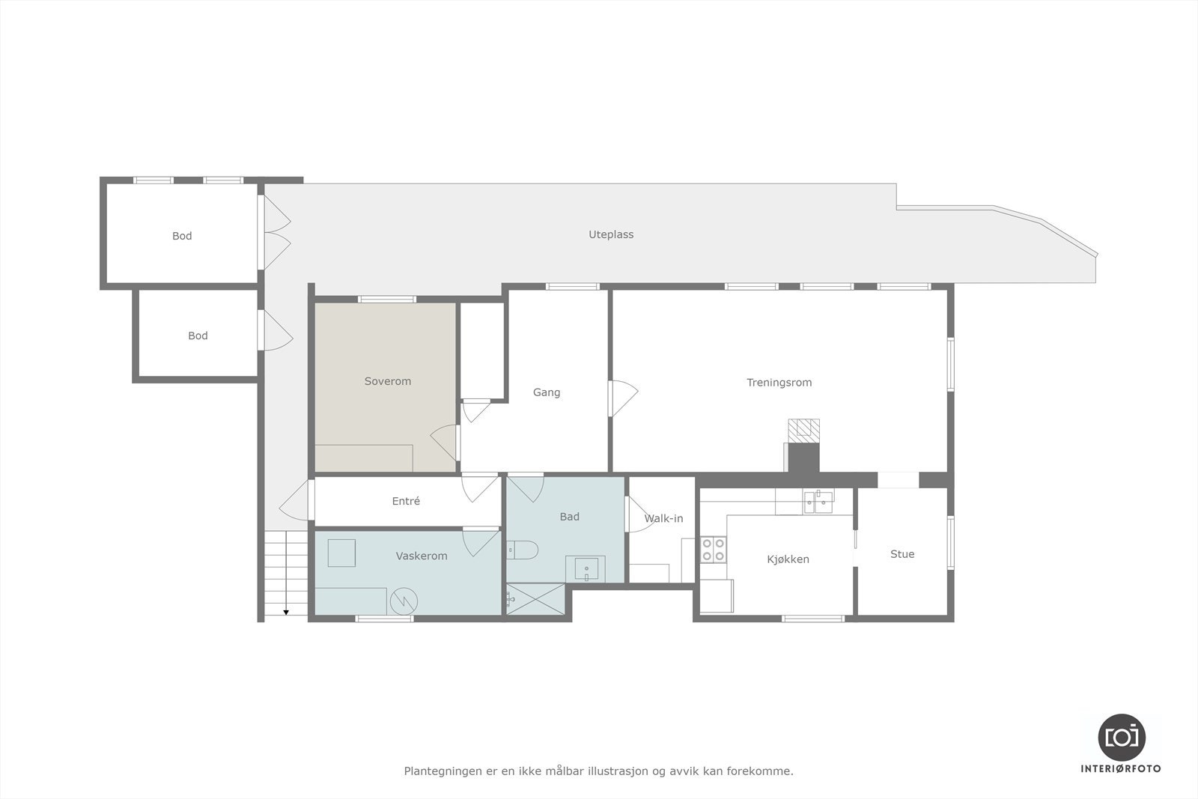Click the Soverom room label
(388, 381)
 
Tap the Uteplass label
(611, 234)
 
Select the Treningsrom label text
(779, 383)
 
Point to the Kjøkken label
(788, 559)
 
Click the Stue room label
(902, 554)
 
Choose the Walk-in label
(663, 518)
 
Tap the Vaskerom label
(422, 556)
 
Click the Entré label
(406, 501)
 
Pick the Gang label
(547, 392)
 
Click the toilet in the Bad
(522, 550)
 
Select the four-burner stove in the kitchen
(713, 550)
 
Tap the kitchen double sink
(818, 501)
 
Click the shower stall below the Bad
(535, 599)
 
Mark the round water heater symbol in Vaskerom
(403, 601)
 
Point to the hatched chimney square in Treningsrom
(803, 428)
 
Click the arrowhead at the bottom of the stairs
(286, 613)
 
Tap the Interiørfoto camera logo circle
(1122, 737)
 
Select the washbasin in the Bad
(586, 569)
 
